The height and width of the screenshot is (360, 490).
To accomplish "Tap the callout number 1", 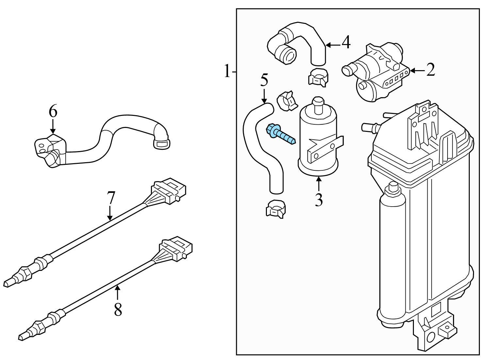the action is [227, 71].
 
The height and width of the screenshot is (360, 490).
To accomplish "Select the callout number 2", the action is [431, 70].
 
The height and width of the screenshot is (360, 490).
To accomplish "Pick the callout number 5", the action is [264, 80].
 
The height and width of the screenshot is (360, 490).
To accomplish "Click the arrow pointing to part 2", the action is [417, 70].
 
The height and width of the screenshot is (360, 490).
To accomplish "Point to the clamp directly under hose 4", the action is [318, 78].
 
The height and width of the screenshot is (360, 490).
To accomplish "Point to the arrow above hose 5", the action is [264, 96].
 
